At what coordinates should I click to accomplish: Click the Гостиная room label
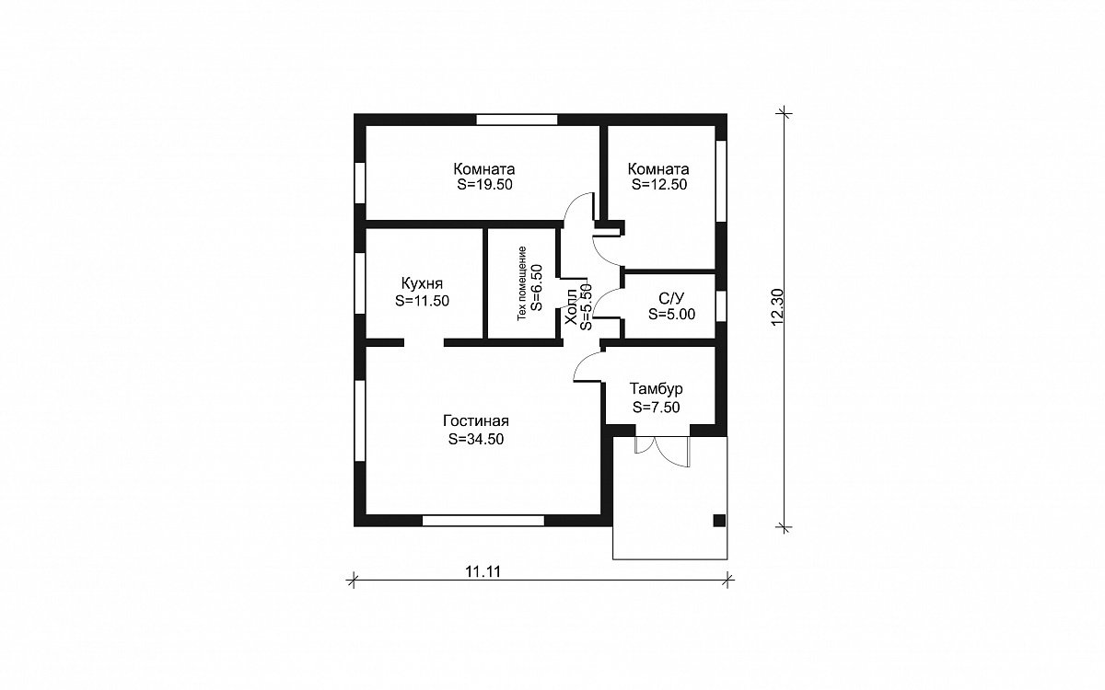(x=476, y=421)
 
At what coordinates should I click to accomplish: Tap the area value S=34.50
(x=476, y=439)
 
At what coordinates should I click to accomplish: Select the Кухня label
(x=423, y=283)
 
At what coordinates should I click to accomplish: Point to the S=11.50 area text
(x=423, y=301)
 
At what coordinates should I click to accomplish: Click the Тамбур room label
(x=656, y=389)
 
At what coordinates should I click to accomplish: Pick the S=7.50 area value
(x=656, y=407)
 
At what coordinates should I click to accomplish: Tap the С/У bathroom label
(x=671, y=298)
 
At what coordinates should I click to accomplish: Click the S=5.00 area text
(x=671, y=314)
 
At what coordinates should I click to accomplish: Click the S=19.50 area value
(x=485, y=184)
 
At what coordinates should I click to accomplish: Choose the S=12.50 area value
(x=659, y=184)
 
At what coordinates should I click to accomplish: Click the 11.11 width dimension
(x=483, y=571)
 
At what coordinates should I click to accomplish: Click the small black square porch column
(x=719, y=521)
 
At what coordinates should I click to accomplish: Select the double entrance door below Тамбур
(x=662, y=451)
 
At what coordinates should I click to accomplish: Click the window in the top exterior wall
(x=517, y=120)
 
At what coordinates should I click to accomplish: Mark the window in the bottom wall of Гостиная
(x=483, y=521)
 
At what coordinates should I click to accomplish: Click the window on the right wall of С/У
(x=721, y=306)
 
